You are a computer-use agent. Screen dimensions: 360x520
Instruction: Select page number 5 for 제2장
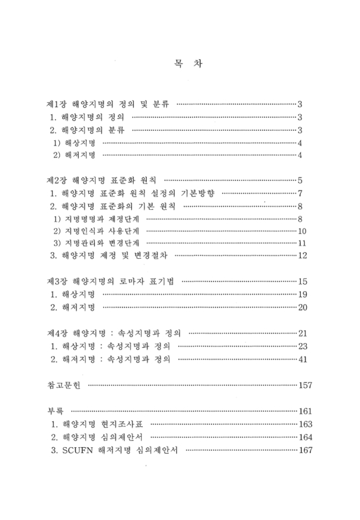(x=300, y=179)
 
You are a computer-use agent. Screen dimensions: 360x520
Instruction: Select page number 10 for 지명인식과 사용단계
(x=302, y=231)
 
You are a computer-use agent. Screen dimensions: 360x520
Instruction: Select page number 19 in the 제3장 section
(x=302, y=294)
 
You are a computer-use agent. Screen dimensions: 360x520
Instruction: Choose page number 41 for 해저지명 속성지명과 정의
(x=302, y=359)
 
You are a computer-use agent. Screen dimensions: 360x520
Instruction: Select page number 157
(x=304, y=385)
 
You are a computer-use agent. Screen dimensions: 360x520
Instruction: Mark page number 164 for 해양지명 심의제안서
(x=304, y=437)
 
